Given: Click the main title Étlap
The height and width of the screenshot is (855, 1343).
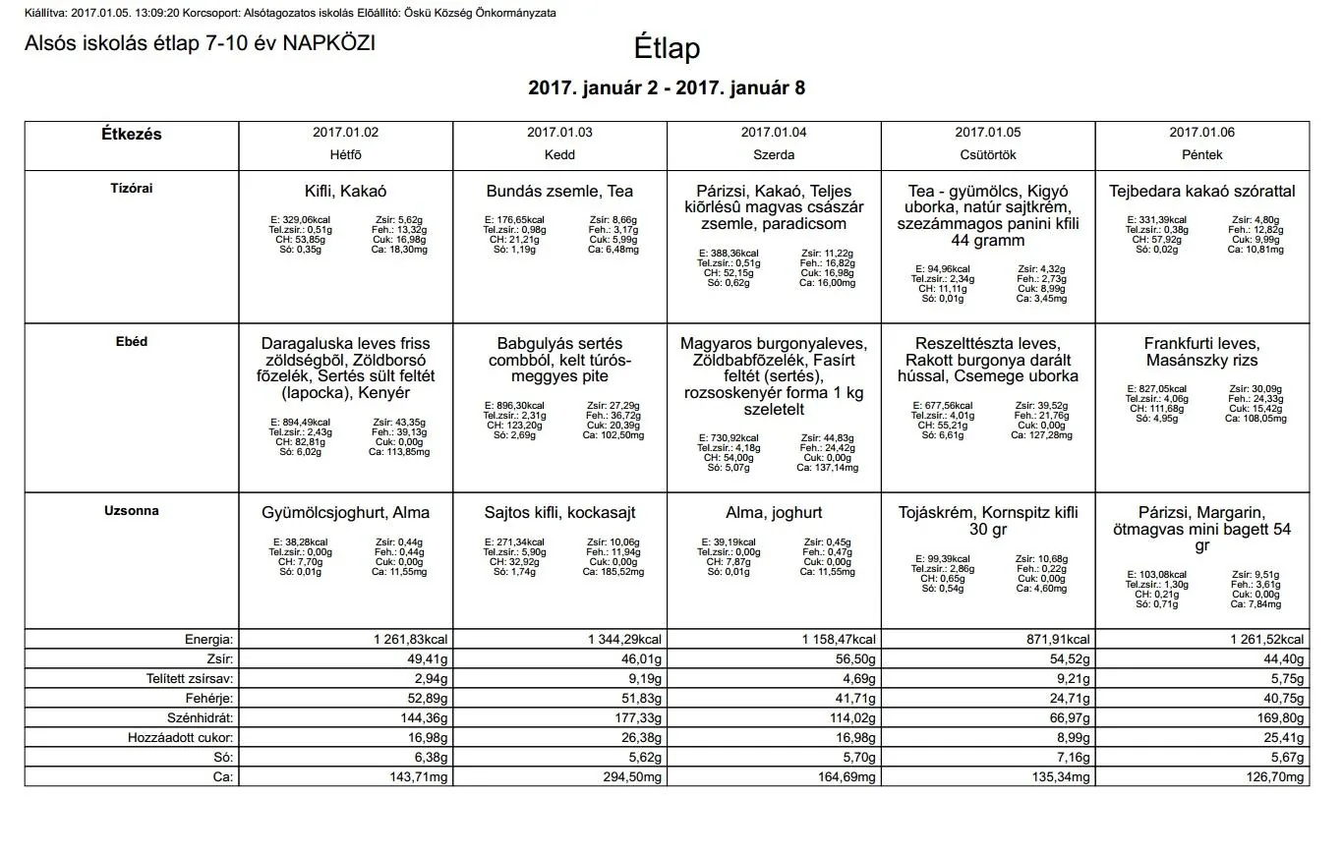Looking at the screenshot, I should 667,49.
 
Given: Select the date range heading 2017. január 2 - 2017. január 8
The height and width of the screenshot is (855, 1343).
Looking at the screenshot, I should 667,87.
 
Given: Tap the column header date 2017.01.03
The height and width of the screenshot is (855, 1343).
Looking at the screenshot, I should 559,132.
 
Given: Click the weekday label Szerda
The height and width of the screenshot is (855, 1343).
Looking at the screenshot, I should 774,155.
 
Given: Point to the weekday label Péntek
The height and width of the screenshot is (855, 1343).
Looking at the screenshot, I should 1202,155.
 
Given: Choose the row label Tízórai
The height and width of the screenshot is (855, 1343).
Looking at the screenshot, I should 131,188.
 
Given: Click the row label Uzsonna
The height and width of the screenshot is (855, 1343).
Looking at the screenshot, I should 131,511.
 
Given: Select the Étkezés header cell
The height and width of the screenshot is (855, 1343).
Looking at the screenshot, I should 131,134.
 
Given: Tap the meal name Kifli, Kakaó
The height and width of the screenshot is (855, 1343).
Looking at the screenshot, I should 345,192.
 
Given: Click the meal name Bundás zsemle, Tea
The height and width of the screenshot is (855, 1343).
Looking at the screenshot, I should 559,192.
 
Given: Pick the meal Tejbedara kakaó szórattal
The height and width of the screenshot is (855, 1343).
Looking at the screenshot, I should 1202,192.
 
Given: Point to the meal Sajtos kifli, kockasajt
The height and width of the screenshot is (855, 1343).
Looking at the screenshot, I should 559,513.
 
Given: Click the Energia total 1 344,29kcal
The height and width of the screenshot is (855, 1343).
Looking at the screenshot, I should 625,640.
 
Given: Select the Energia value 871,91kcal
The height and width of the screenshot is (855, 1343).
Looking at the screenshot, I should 1058,640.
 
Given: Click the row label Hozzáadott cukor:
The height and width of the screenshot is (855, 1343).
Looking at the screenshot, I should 181,738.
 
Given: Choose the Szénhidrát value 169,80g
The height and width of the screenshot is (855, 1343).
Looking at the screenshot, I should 1280,718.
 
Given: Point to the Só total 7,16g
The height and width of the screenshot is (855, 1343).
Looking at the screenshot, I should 1073,758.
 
